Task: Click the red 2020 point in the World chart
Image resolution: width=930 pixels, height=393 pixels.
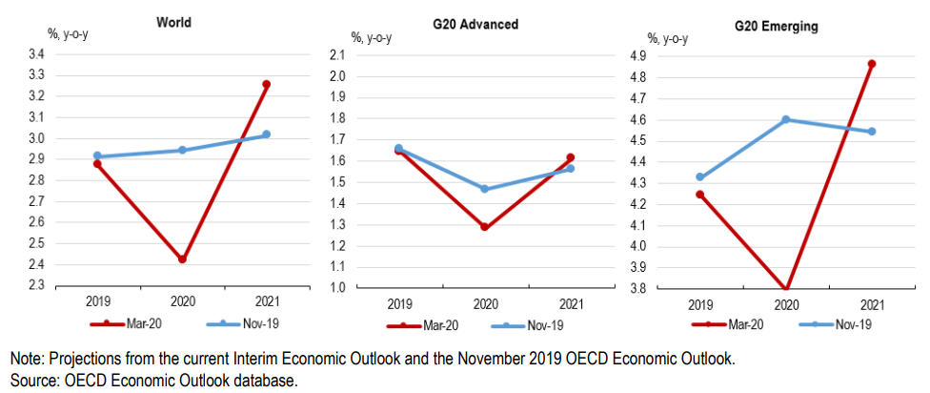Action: click(182, 259)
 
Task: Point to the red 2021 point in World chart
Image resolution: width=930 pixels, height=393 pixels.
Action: click(267, 84)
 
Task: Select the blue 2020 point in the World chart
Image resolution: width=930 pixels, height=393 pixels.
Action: click(182, 150)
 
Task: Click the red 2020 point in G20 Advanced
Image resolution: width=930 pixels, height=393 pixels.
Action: click(484, 227)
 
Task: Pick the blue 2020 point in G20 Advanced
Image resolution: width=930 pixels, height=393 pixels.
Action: click(484, 189)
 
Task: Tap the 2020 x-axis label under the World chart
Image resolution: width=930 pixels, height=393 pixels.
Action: click(182, 301)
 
